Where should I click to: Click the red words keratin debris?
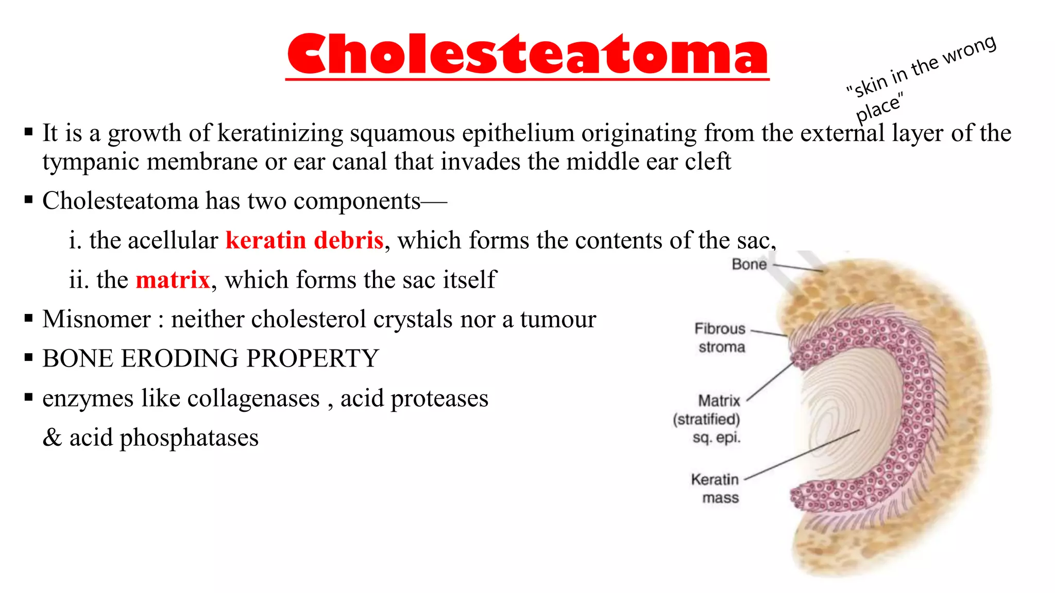(x=304, y=241)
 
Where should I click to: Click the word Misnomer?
(x=97, y=320)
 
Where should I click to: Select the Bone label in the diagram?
(x=748, y=265)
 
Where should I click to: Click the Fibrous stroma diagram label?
(x=721, y=338)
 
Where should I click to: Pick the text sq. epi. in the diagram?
(x=717, y=438)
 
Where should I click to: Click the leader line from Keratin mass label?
(x=802, y=455)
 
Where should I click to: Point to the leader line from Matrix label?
(x=770, y=381)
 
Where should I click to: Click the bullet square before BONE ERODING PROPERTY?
(x=29, y=357)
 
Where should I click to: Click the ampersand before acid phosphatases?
(x=52, y=438)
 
